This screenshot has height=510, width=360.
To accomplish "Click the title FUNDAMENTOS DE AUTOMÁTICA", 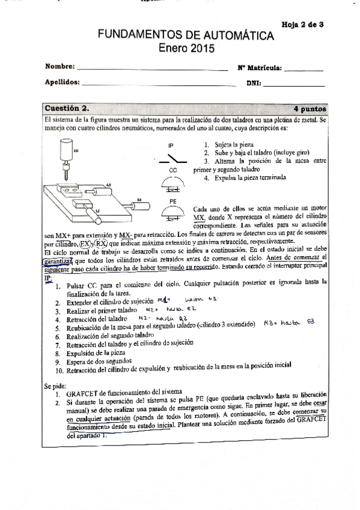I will (186, 37).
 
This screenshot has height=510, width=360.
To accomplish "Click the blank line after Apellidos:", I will (159, 85).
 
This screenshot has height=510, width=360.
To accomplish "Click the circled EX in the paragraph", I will (85, 244).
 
